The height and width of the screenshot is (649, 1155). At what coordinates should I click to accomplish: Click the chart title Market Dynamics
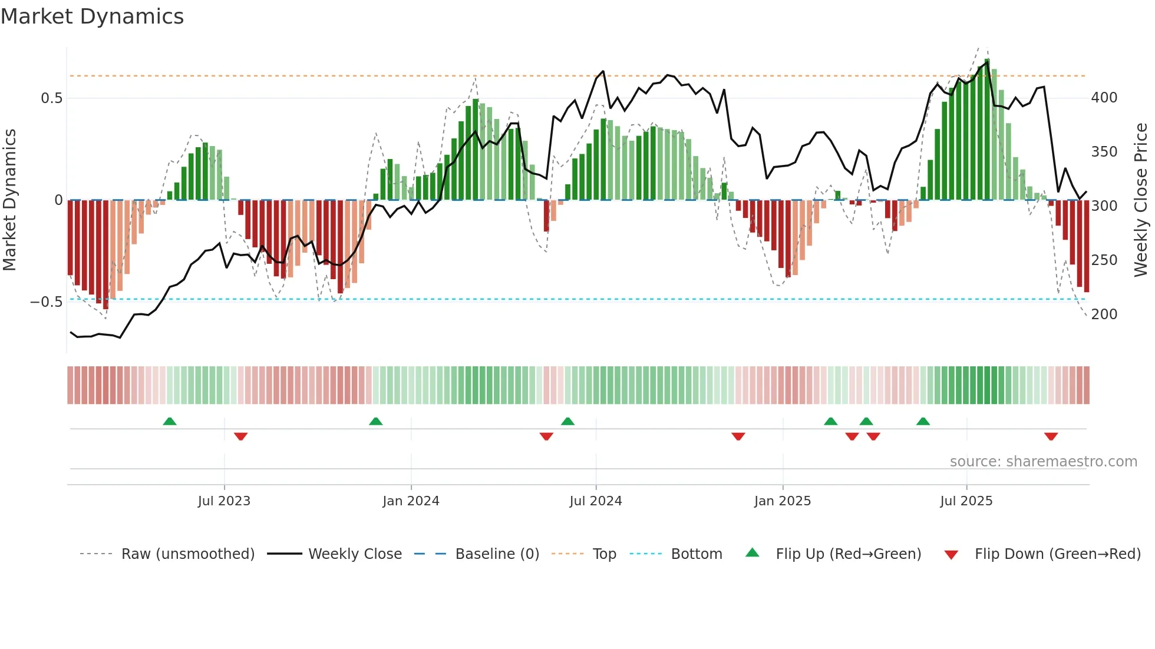tap(92, 16)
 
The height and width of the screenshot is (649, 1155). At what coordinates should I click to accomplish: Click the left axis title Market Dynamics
tap(9, 200)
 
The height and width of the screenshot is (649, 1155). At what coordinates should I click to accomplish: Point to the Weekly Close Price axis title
tap(1141, 200)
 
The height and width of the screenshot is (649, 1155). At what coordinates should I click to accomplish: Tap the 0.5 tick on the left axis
tap(52, 98)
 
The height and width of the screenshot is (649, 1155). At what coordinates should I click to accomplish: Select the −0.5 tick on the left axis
tap(47, 302)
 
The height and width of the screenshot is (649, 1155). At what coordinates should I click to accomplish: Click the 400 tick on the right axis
tap(1104, 98)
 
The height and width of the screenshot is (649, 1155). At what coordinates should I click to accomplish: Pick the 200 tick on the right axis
tap(1104, 314)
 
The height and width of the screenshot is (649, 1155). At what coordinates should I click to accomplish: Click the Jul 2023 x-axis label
tap(224, 501)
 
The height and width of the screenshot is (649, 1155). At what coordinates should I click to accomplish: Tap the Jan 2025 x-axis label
tap(782, 501)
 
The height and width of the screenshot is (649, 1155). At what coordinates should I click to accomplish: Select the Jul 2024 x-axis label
tap(595, 501)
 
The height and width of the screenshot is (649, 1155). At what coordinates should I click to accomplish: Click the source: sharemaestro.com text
tap(1043, 462)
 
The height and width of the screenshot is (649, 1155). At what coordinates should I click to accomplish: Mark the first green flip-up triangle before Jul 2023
tap(170, 421)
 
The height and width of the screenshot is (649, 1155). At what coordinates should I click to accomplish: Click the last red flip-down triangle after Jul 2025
tap(1051, 436)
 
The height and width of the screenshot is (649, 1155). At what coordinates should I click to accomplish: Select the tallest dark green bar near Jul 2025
tap(987, 130)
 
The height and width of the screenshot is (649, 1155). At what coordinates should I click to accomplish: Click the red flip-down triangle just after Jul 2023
tap(240, 436)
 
